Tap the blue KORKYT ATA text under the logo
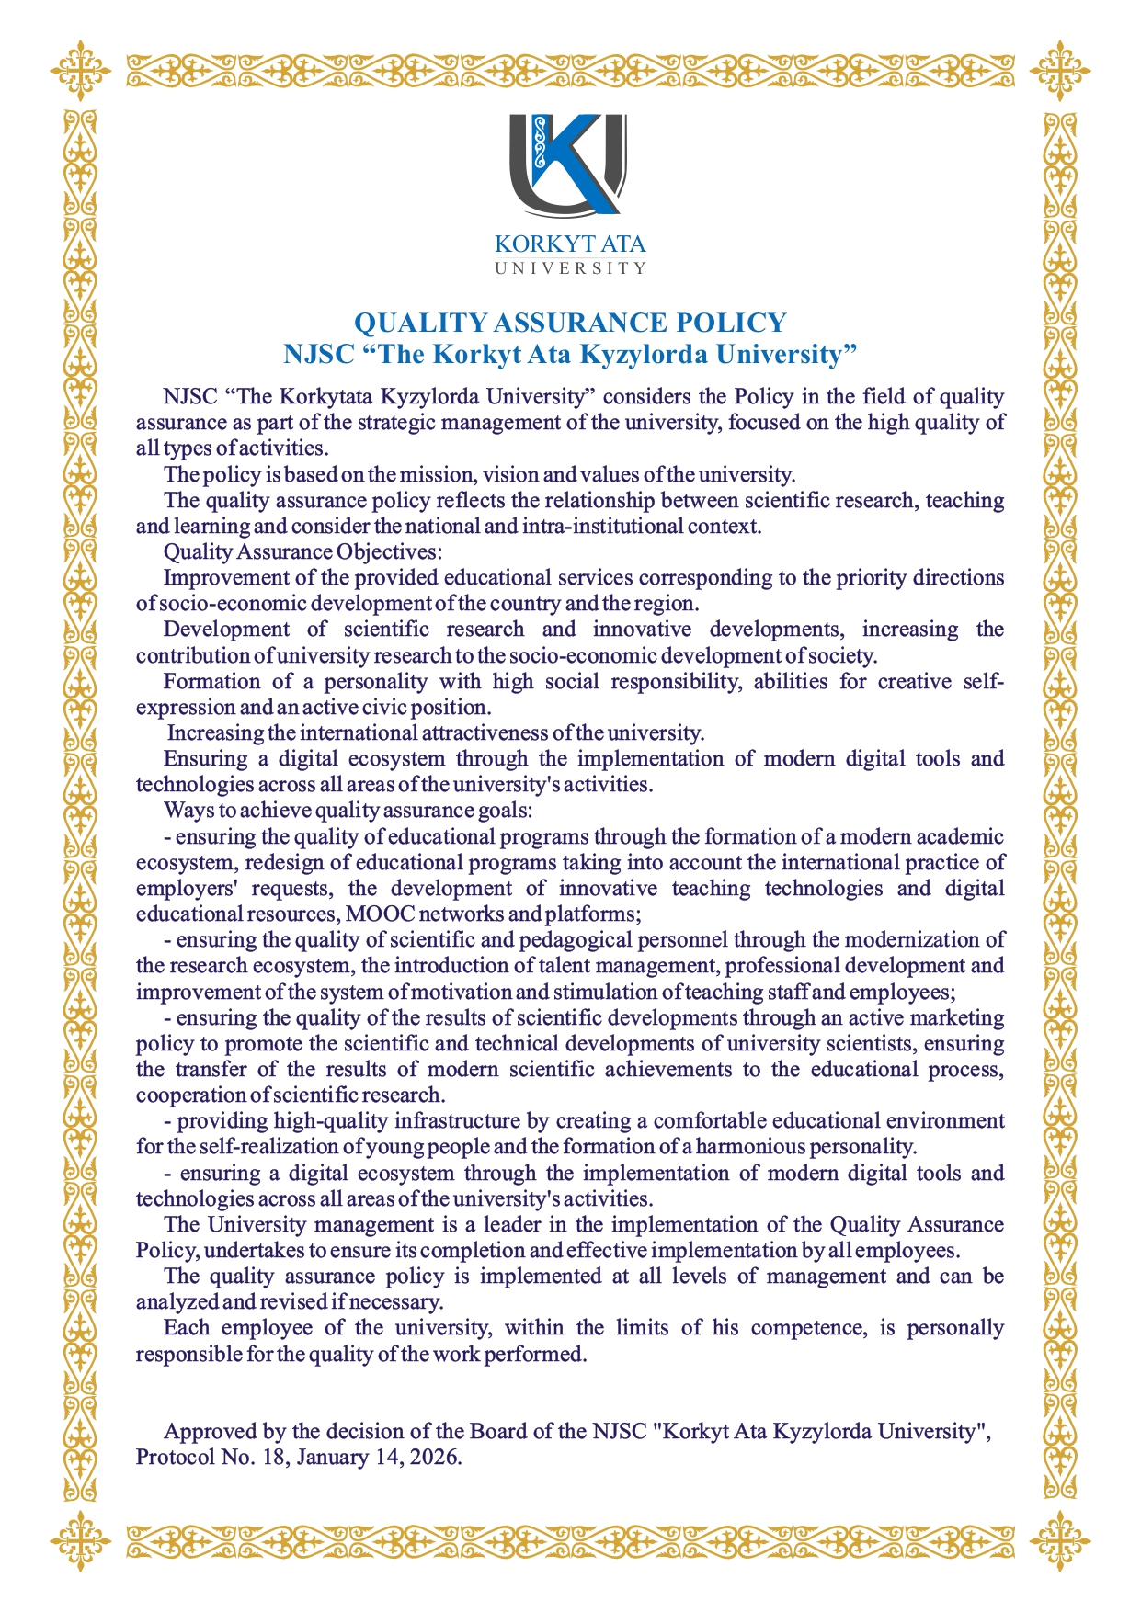(x=570, y=245)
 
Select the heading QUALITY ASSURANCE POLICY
(x=570, y=323)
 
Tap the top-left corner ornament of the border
(x=81, y=67)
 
